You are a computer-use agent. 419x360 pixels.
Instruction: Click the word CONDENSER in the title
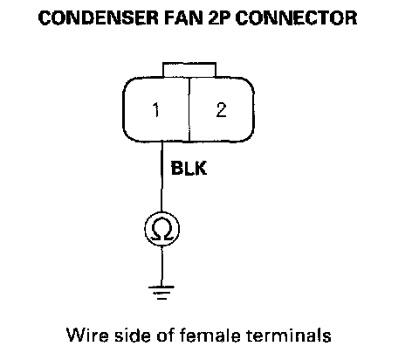99,17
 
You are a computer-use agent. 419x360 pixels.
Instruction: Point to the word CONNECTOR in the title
296,17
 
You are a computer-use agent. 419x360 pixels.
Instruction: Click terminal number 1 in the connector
156,110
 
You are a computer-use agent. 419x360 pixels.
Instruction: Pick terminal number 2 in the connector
221,110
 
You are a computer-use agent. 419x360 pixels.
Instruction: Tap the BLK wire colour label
189,169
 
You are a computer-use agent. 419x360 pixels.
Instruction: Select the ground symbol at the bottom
161,293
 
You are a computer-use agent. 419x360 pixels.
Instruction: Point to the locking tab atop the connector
189,70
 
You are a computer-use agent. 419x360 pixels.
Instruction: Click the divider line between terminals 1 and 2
189,110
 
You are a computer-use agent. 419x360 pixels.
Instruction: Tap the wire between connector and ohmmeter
161,177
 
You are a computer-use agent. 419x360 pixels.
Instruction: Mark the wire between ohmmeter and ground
161,267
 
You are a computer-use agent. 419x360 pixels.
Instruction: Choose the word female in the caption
210,336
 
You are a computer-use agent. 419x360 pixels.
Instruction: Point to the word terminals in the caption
289,336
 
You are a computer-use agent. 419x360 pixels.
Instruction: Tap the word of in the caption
165,336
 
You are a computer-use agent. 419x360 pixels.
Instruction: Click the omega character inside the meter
162,230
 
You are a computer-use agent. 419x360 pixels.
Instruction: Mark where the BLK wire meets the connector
161,142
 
